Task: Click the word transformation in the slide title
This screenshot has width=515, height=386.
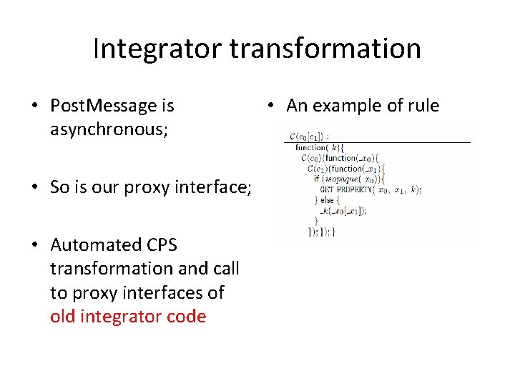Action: point(325,49)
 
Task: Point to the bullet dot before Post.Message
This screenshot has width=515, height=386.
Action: point(34,107)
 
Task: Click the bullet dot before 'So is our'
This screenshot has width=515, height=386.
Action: point(34,187)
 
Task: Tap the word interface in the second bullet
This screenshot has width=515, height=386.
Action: point(214,187)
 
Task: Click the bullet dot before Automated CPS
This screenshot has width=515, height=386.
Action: point(34,245)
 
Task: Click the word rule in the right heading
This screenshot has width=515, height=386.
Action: point(423,106)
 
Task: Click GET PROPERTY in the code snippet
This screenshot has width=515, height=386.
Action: point(347,190)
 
